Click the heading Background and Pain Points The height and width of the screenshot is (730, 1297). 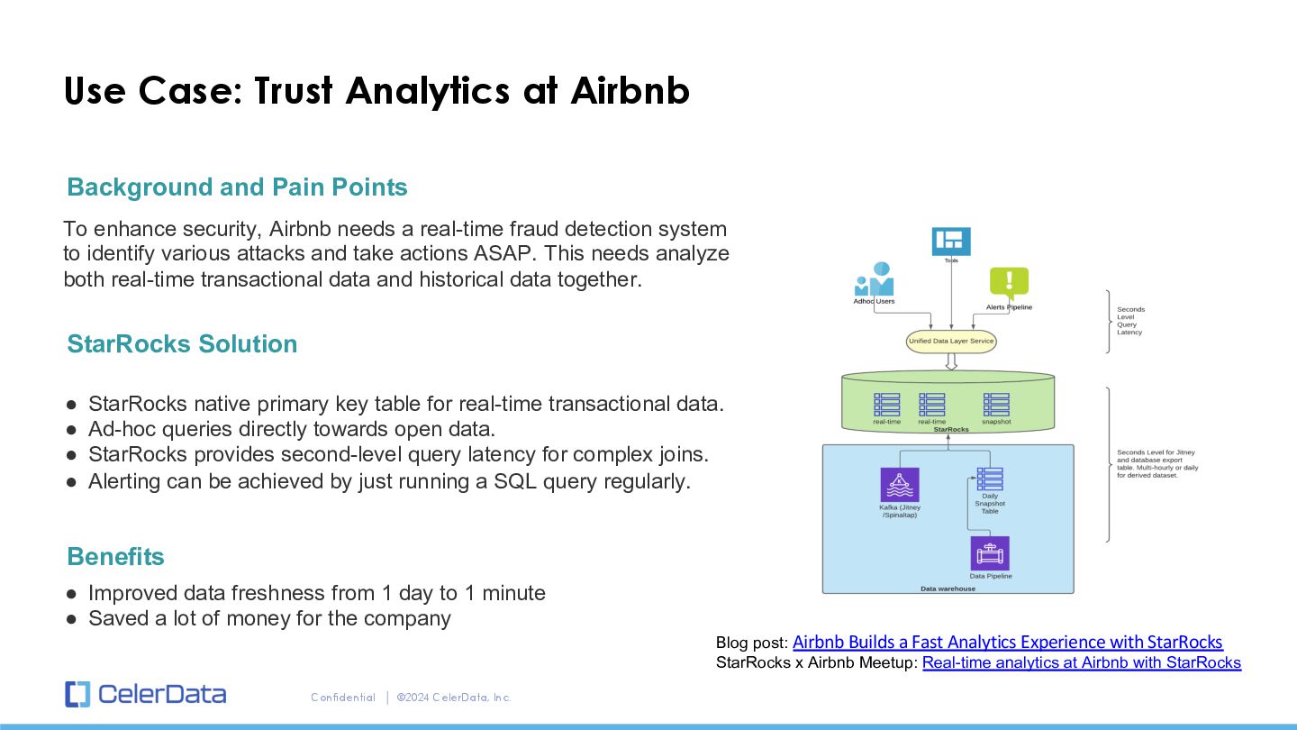pyautogui.click(x=237, y=187)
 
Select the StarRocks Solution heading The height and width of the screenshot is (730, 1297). pyautogui.click(x=182, y=344)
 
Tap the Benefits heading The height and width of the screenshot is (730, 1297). pyautogui.click(x=115, y=557)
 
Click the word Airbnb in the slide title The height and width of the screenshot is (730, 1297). pyautogui.click(x=630, y=91)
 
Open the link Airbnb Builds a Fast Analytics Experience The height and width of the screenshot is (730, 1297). pyautogui.click(x=1007, y=643)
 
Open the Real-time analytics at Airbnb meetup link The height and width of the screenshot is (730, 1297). pyautogui.click(x=1082, y=663)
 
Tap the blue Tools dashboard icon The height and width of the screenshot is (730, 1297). pyautogui.click(x=951, y=242)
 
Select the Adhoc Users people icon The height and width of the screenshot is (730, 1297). pyautogui.click(x=874, y=280)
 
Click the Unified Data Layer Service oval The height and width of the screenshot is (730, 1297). pyautogui.click(x=951, y=342)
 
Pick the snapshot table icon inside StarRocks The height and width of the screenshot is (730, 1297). pyautogui.click(x=996, y=405)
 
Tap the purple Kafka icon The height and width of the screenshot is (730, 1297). pyautogui.click(x=900, y=485)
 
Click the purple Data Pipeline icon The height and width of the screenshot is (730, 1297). pyautogui.click(x=990, y=553)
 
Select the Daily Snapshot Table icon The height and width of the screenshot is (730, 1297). pyautogui.click(x=990, y=479)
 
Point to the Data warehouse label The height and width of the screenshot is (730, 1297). pyautogui.click(x=948, y=589)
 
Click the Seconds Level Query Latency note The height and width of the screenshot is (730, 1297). pyautogui.click(x=1130, y=321)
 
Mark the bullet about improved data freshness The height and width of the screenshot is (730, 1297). pyautogui.click(x=316, y=593)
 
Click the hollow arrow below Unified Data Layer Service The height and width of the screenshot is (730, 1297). pyautogui.click(x=951, y=361)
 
